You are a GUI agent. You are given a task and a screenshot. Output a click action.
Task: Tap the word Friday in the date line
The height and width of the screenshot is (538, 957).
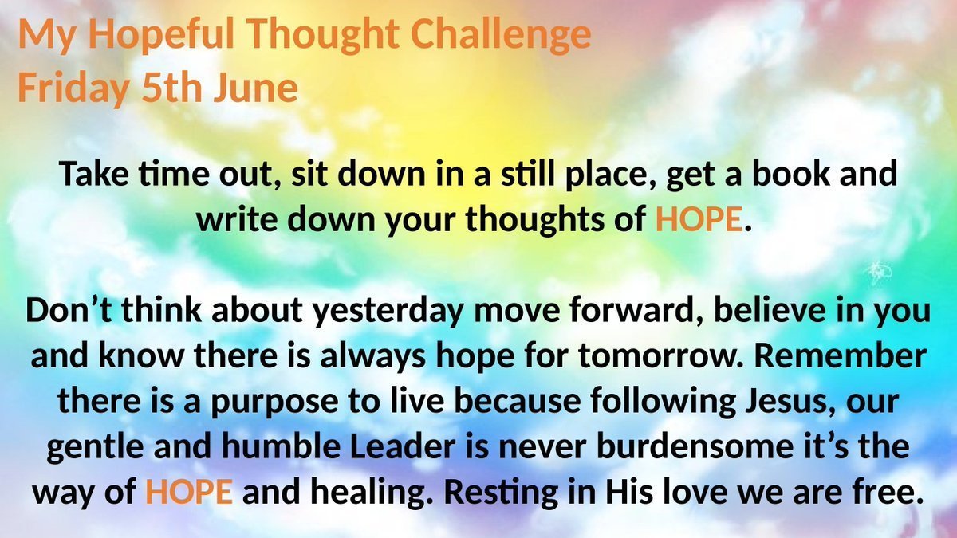pyautogui.click(x=73, y=88)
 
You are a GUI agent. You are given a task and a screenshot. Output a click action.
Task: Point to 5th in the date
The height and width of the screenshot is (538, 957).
pyautogui.click(x=171, y=88)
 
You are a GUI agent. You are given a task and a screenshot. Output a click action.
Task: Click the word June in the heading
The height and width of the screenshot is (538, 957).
pyautogui.click(x=256, y=88)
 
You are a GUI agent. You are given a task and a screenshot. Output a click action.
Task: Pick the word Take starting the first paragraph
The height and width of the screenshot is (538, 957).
pyautogui.click(x=94, y=174)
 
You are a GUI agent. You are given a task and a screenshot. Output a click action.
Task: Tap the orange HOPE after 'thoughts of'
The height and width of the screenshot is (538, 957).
pyautogui.click(x=699, y=218)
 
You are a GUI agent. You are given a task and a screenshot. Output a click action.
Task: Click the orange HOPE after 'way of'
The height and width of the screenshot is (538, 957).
pyautogui.click(x=189, y=492)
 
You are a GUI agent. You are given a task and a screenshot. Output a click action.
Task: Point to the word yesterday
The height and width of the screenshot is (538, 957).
pyautogui.click(x=387, y=312)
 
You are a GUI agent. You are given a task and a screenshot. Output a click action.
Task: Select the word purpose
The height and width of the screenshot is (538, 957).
pyautogui.click(x=274, y=403)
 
